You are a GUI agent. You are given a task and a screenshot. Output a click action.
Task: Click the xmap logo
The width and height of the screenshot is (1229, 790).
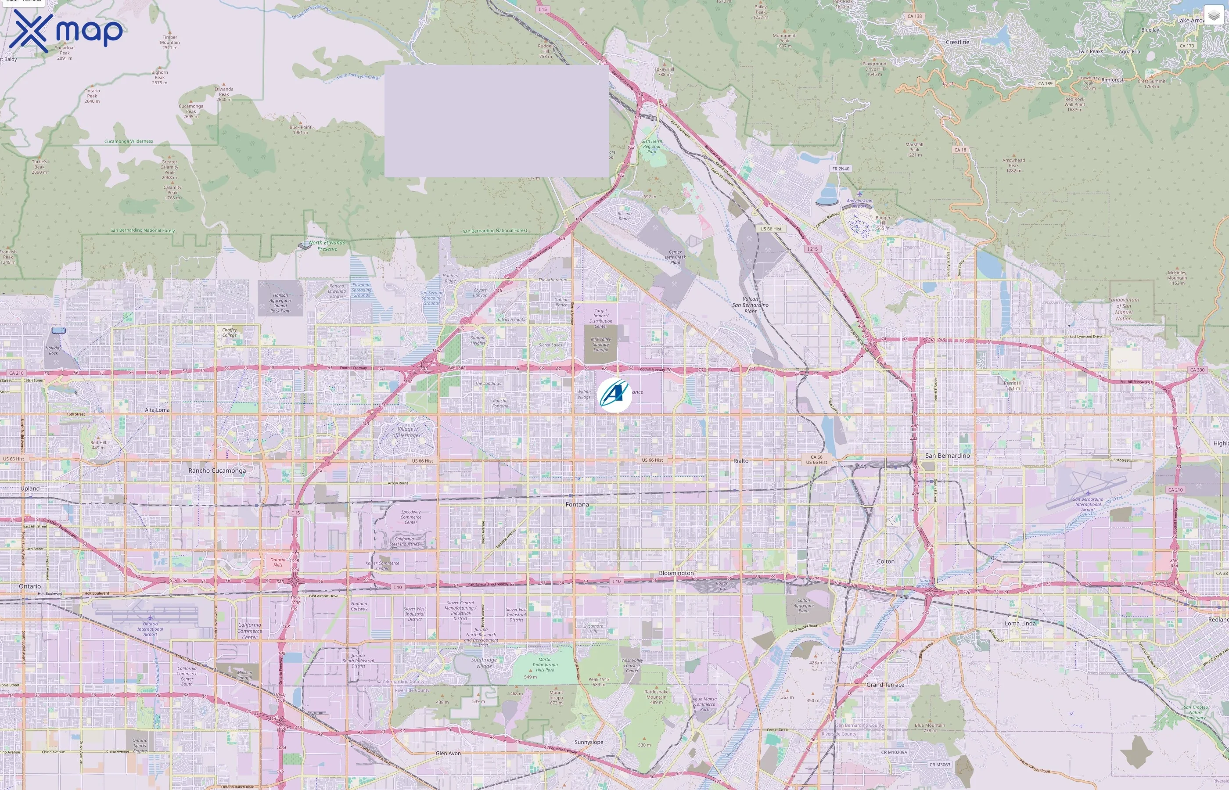point(66,31)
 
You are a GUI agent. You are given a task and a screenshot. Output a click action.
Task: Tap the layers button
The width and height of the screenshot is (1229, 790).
point(1213,15)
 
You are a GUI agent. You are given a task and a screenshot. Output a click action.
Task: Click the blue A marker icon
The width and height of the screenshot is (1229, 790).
point(614,395)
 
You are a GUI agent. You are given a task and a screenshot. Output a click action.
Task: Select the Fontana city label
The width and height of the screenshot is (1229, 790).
point(577,504)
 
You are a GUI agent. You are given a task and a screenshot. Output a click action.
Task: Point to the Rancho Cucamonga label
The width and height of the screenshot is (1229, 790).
point(217,470)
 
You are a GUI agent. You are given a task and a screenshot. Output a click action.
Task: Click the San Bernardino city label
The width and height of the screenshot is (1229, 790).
point(947,456)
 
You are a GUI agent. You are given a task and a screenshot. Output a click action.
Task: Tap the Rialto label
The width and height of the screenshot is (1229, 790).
point(740,461)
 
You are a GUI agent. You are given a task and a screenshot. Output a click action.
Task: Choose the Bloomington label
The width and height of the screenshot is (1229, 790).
point(676,573)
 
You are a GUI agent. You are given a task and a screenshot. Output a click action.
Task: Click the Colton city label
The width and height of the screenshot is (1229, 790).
point(886,561)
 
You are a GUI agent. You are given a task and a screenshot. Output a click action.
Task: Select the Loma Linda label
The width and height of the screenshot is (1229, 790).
point(1020,623)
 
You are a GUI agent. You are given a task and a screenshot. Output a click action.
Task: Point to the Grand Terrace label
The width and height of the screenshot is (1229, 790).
point(885,685)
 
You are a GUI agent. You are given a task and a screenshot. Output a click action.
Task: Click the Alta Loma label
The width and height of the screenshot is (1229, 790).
point(157,410)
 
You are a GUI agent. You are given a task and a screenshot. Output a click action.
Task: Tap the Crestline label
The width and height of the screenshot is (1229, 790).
point(957,42)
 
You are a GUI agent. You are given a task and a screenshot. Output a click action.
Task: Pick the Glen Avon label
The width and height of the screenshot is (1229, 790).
point(448,753)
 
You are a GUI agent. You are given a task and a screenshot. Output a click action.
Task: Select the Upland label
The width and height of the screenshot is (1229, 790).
point(30,488)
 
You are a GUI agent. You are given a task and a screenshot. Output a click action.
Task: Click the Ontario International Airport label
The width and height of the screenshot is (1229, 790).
point(150,629)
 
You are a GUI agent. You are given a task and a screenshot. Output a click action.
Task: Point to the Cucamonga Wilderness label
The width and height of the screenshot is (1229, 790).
point(129,141)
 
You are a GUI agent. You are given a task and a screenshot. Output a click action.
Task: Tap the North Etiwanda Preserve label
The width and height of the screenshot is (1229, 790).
point(327,246)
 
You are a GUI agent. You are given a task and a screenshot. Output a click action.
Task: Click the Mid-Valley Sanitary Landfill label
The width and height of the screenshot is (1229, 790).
point(600,344)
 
